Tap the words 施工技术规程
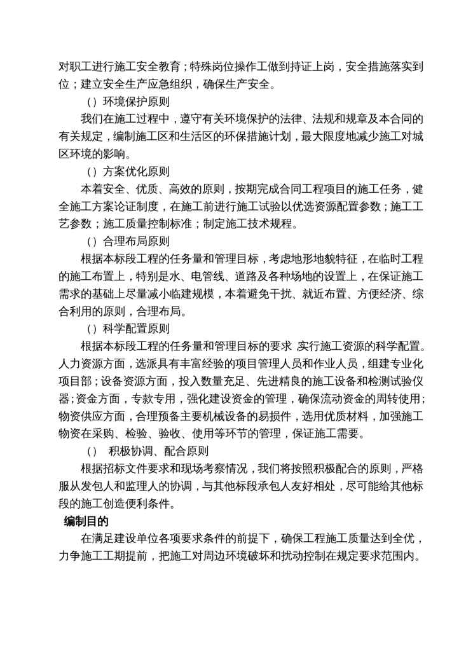pyautogui.click(x=275, y=224)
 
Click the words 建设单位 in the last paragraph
pyautogui.click(x=146, y=540)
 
